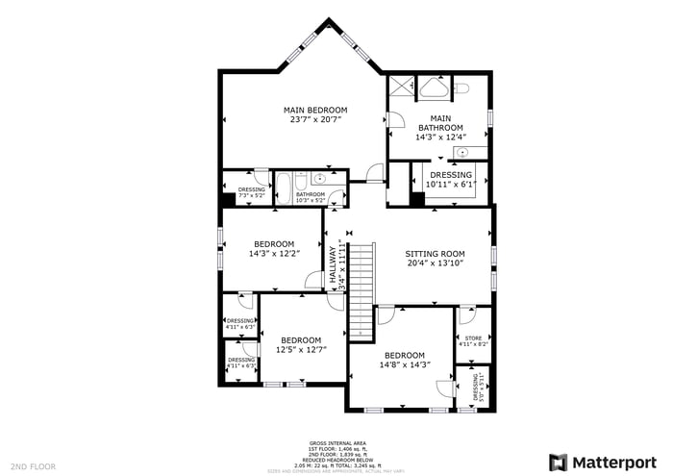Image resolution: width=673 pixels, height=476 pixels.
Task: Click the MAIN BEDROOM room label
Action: (314, 111)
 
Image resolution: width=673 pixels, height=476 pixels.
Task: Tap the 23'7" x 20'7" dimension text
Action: (314, 120)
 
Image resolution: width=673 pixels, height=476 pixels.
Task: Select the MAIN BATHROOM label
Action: (440, 123)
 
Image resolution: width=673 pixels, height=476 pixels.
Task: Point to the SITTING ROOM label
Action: (435, 254)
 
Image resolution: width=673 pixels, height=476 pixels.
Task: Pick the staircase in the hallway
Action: (360, 288)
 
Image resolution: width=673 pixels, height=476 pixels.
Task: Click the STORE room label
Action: (473, 338)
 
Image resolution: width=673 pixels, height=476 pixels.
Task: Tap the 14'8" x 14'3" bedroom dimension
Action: (404, 364)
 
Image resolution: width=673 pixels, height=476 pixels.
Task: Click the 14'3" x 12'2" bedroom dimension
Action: (274, 254)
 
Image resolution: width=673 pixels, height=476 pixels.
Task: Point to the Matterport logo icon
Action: (558, 463)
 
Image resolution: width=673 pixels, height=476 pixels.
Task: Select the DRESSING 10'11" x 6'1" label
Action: (451, 179)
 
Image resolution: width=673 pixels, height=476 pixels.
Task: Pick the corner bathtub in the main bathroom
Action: (431, 89)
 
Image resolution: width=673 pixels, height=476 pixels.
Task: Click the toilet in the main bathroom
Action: (460, 88)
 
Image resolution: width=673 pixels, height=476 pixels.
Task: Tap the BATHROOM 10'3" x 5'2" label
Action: (311, 197)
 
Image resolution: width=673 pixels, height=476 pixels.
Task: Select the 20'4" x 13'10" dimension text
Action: (435, 263)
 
